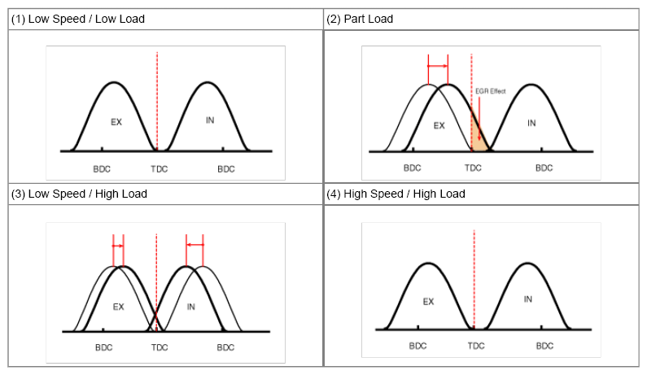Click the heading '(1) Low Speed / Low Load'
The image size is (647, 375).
78,19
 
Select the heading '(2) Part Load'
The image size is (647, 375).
360,19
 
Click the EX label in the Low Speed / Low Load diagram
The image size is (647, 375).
116,121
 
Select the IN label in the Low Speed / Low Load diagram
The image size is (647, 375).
209,120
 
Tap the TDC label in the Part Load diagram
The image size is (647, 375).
473,168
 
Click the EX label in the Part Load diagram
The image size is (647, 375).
439,125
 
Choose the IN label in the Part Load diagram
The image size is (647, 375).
531,124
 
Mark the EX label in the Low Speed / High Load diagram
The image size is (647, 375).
118,307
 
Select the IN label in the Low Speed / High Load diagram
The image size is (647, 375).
192,307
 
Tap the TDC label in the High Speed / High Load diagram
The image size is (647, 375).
475,346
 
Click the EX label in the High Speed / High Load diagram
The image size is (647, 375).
429,301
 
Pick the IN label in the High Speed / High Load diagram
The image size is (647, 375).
527,299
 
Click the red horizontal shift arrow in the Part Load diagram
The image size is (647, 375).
438,66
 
